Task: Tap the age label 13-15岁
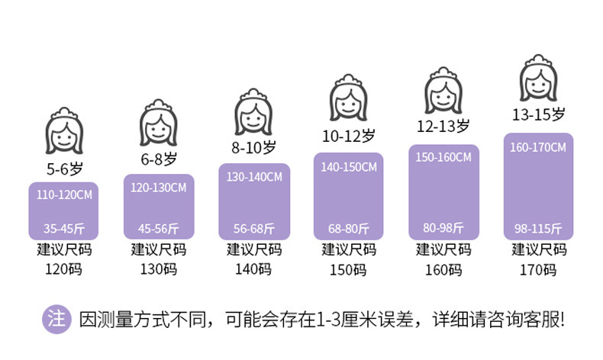click(539, 115)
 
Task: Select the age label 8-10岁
click(254, 146)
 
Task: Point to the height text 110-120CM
click(64, 195)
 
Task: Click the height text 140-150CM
click(348, 167)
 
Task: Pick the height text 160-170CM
click(538, 147)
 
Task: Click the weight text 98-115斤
click(538, 228)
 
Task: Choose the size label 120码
click(64, 268)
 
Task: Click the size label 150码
click(348, 268)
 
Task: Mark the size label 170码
click(538, 268)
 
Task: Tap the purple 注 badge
click(55, 319)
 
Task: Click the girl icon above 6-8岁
click(159, 122)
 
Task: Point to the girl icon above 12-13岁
click(443, 89)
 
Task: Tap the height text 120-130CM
click(159, 188)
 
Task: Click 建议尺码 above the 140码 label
click(254, 249)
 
